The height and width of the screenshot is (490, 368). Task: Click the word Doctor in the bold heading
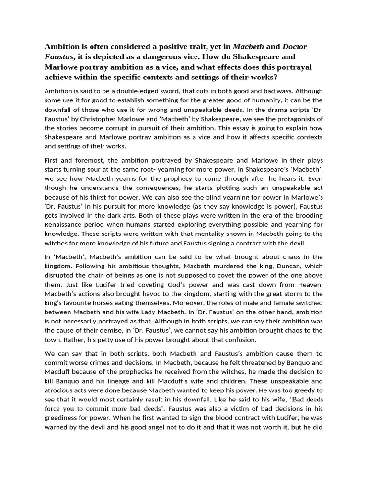pos(295,46)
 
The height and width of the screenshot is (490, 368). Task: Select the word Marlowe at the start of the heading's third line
pos(62,67)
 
